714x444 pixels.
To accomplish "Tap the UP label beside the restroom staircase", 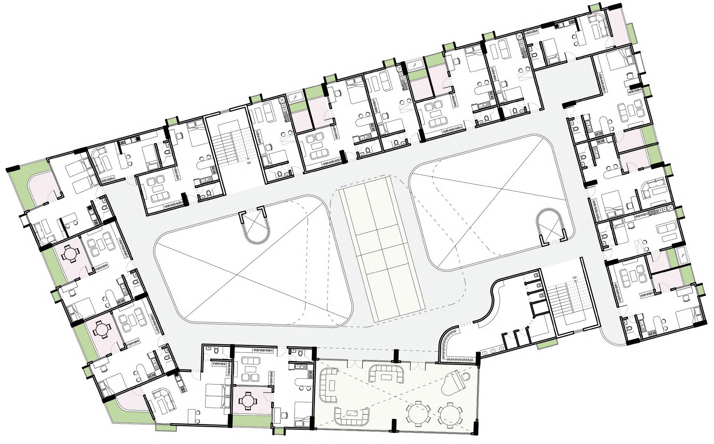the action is pyautogui.click(x=575, y=278).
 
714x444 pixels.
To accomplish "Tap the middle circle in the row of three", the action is pyautogui.click(x=493, y=350).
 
